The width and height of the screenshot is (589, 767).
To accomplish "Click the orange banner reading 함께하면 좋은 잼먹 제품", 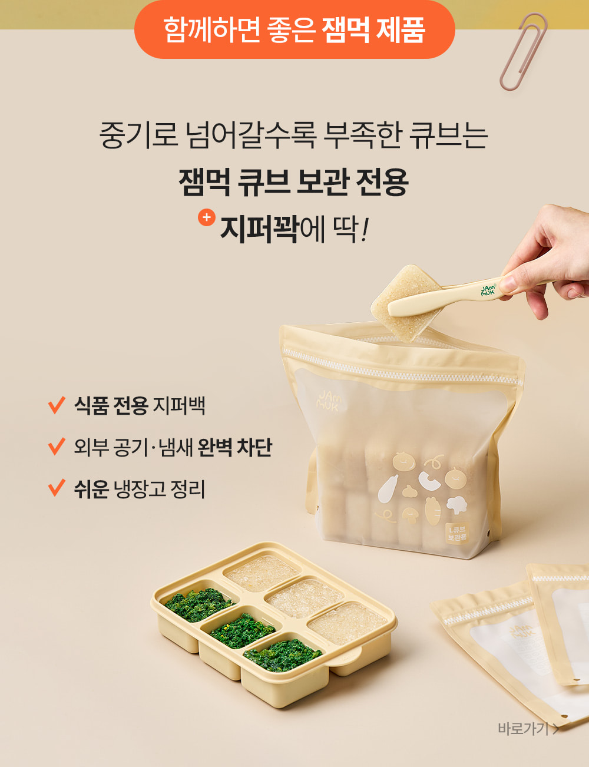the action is (x=294, y=29).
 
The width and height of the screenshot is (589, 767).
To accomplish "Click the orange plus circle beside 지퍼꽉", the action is (x=207, y=217).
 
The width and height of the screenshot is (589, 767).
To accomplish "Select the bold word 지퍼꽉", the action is (x=259, y=230).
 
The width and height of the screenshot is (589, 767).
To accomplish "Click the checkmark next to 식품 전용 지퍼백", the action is (x=57, y=405).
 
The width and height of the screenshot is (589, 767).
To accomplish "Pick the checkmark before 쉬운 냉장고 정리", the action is (x=57, y=487).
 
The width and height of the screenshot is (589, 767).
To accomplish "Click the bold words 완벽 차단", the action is (x=234, y=447).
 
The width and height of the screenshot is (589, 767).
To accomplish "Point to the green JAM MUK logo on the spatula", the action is (x=488, y=290).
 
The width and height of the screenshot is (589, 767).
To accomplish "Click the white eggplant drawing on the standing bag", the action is (x=388, y=488).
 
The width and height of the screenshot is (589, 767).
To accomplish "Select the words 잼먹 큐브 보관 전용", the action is (x=294, y=182).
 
